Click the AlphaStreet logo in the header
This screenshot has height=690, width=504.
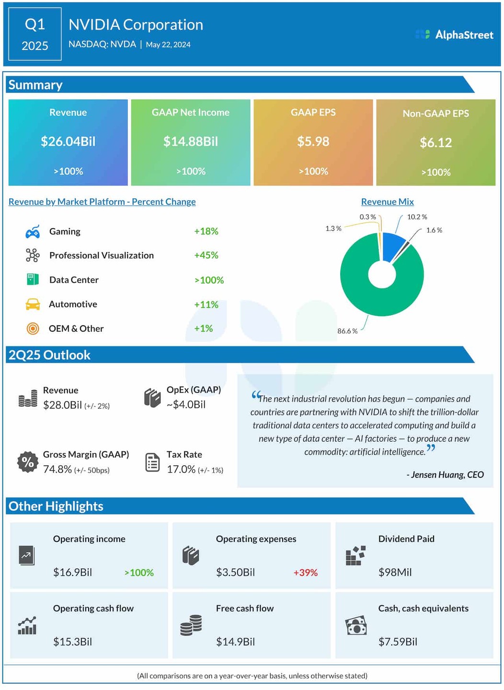tap(454, 34)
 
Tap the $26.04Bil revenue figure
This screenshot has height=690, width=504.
tap(68, 141)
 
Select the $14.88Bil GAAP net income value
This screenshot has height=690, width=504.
tap(191, 141)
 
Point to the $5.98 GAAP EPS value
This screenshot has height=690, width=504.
tap(313, 141)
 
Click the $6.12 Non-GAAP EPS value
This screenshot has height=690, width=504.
tap(436, 142)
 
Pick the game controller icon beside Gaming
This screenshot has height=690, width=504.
tap(33, 232)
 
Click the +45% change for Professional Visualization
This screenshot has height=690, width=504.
tap(206, 255)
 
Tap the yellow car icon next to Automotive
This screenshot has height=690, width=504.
tap(33, 304)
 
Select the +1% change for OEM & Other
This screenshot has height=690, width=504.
tap(203, 329)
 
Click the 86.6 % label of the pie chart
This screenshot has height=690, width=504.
tap(347, 331)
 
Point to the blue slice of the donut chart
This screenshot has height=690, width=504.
tap(393, 245)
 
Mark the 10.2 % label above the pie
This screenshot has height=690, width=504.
tap(417, 217)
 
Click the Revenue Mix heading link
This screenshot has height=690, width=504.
tap(387, 202)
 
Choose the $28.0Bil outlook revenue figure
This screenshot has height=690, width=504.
tap(62, 405)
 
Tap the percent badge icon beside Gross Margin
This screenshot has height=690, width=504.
tap(28, 462)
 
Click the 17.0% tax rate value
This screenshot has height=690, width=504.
tap(181, 470)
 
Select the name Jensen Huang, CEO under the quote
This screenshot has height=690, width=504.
tap(445, 475)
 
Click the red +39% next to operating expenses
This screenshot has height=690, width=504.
tap(305, 573)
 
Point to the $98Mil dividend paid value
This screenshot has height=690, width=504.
tap(395, 573)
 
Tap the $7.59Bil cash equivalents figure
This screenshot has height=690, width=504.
tap(398, 642)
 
